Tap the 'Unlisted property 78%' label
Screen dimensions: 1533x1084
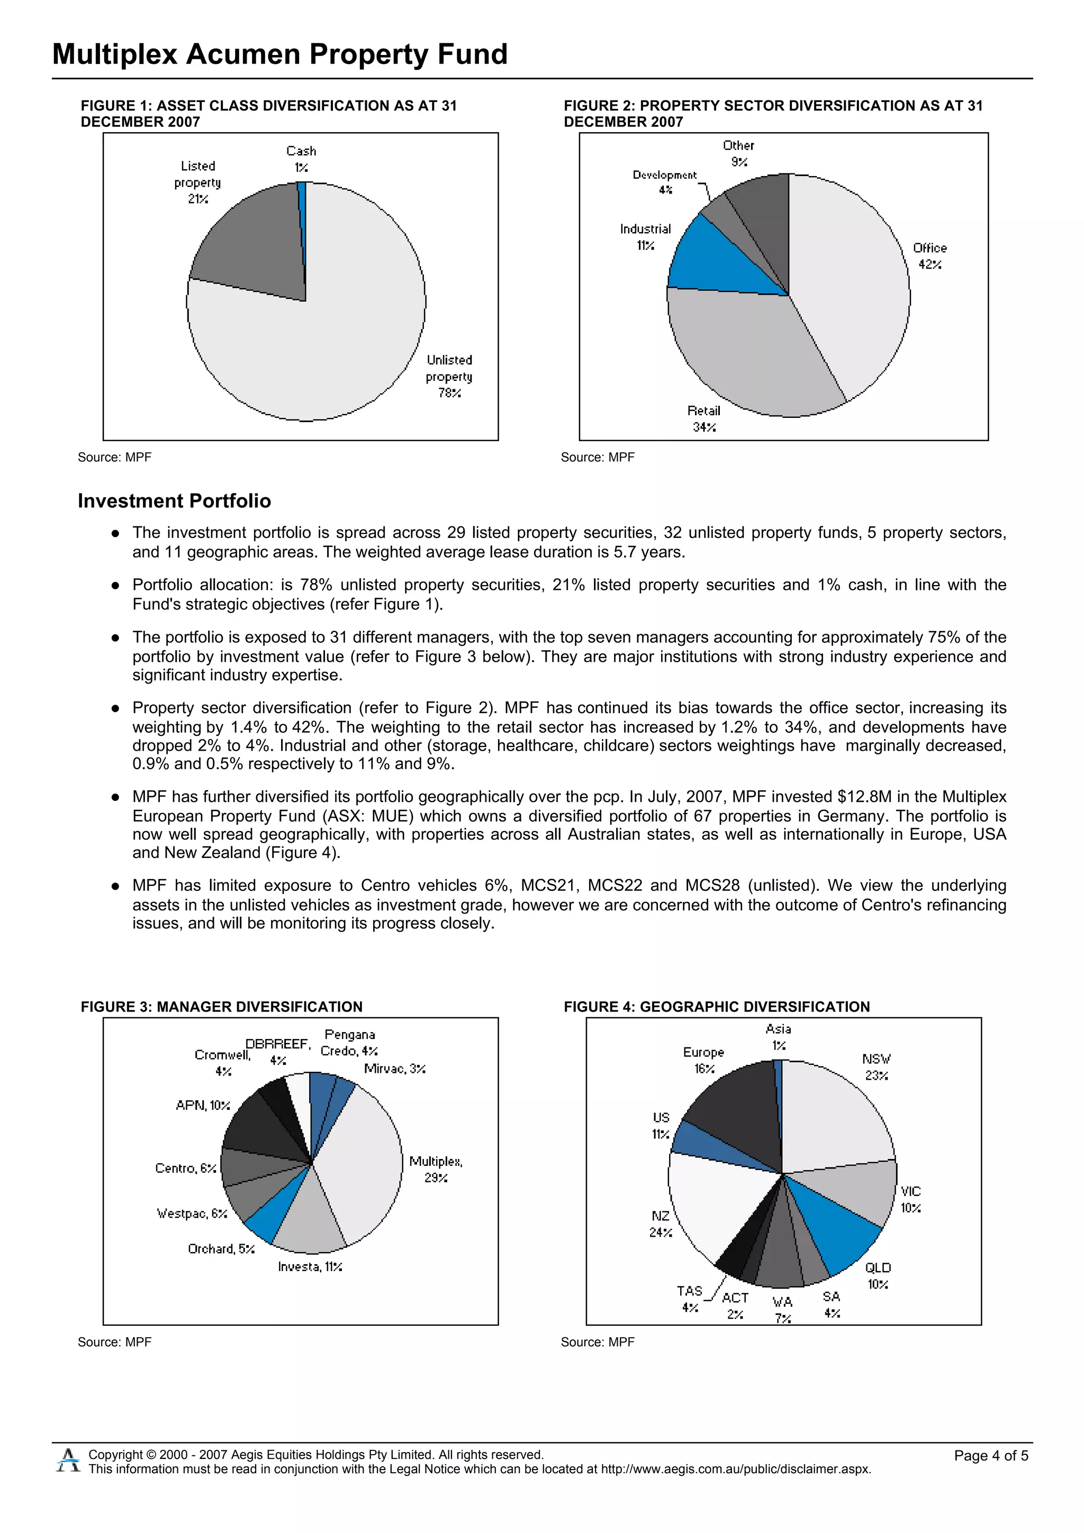coord(449,377)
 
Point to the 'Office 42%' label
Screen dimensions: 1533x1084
coord(930,255)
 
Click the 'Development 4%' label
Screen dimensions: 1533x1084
coord(665,181)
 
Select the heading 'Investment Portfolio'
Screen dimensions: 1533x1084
coord(174,501)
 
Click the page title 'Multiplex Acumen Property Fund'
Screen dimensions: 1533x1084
coord(280,54)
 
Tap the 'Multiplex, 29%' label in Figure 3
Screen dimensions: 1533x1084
coord(436,1169)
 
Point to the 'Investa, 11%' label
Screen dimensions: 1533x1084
coord(310,1266)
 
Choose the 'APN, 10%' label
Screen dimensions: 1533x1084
coord(202,1105)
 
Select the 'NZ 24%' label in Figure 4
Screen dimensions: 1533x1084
coord(660,1224)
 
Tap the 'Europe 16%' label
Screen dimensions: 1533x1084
coord(703,1060)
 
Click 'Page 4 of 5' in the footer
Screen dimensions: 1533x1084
coord(990,1455)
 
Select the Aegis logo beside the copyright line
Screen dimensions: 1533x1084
coord(68,1459)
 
